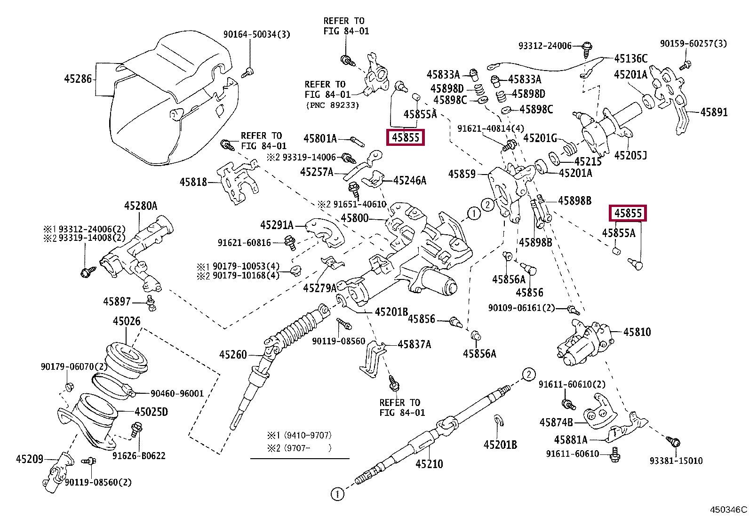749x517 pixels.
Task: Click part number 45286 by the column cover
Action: [x=78, y=79]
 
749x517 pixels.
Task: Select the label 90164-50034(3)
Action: [x=256, y=34]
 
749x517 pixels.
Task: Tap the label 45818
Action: [x=193, y=182]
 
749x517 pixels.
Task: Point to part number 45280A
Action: [x=141, y=206]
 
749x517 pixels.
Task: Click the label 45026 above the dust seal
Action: [x=127, y=321]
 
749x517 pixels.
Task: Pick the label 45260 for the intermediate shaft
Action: [x=232, y=354]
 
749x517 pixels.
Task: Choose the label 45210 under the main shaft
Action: [x=429, y=464]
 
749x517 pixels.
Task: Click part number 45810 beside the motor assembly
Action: [x=637, y=332]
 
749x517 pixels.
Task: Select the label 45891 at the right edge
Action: [x=714, y=112]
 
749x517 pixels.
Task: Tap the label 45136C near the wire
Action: [x=630, y=58]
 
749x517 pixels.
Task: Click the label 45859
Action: [x=462, y=174]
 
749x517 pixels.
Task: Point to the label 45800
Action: [x=354, y=218]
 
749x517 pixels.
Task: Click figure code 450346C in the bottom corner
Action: [x=728, y=509]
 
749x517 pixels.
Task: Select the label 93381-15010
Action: [x=676, y=461]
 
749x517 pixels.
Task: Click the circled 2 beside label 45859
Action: [x=488, y=205]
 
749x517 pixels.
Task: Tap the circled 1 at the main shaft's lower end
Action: [x=337, y=494]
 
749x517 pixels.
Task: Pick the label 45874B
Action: [x=556, y=422]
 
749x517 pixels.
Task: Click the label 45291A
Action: [x=277, y=225]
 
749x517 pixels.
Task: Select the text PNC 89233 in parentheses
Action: [x=332, y=105]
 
